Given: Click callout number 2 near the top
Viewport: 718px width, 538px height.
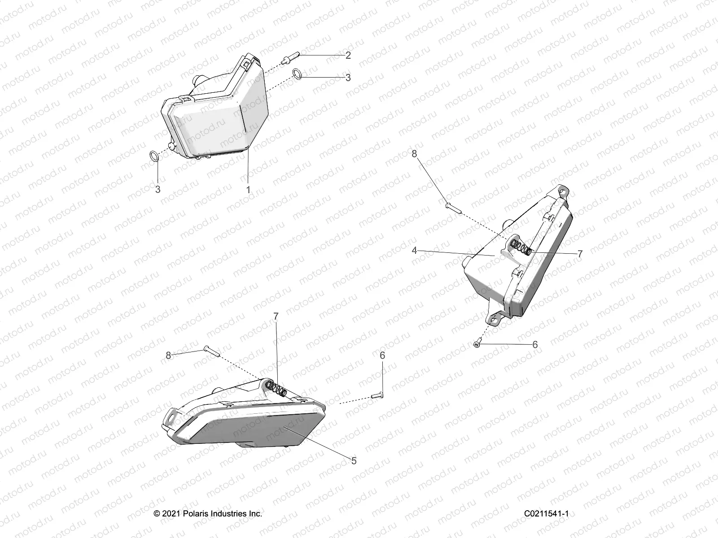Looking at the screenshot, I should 348,56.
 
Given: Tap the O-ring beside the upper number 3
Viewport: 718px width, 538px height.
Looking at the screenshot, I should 297,73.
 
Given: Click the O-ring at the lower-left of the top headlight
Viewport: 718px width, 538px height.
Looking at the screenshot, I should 153,156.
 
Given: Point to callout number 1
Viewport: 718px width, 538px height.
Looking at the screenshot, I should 248,189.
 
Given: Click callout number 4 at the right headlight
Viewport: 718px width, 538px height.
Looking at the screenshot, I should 414,250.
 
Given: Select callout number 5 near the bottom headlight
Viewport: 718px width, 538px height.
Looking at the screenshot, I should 354,460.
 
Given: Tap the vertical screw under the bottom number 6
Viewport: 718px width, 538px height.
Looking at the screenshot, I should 377,395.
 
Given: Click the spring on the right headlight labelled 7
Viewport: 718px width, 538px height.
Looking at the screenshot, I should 522,247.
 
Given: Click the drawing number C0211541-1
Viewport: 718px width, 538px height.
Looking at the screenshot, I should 546,514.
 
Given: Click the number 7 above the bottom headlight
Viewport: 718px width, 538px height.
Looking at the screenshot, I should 276,317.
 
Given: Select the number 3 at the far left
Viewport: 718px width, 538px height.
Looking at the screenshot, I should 158,189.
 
